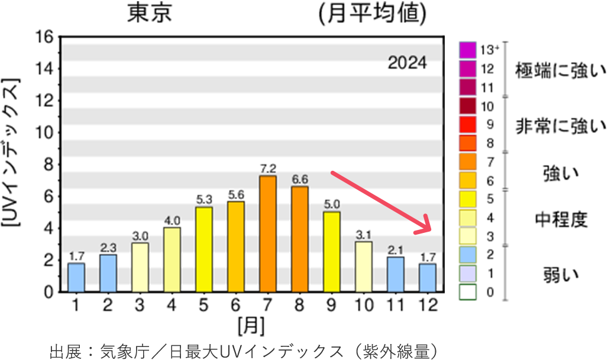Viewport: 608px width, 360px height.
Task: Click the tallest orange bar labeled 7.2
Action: (268, 233)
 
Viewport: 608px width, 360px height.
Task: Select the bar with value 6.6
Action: (300, 239)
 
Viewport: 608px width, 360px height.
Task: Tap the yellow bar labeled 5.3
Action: (204, 249)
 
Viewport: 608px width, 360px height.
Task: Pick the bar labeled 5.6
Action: (236, 246)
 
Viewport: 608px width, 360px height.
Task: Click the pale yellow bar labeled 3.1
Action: (364, 266)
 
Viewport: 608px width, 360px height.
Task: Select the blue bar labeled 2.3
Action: (108, 273)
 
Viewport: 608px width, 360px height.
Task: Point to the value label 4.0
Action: (172, 221)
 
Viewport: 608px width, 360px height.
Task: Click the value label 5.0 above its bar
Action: (332, 205)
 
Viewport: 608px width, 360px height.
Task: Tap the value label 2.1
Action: (396, 250)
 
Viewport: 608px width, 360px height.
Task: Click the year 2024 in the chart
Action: (407, 63)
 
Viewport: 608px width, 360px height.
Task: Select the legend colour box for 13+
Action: (467, 50)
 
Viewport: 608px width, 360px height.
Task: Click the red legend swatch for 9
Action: (467, 125)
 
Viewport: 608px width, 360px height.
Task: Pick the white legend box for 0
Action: (467, 292)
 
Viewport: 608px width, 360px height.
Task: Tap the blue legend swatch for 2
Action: (467, 255)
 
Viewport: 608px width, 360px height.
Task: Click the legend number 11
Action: (487, 88)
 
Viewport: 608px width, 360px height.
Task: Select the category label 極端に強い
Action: (560, 70)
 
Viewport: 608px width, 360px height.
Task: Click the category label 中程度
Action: (561, 220)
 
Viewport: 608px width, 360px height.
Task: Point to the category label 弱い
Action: (561, 274)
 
